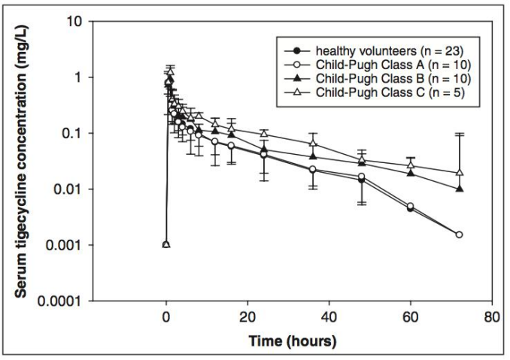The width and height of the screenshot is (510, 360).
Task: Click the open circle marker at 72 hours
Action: [x=459, y=234]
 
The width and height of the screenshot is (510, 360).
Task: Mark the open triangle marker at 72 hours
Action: [x=459, y=172]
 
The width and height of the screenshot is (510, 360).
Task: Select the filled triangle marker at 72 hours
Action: [x=459, y=189]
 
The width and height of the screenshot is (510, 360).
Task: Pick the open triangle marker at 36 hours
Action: [x=313, y=143]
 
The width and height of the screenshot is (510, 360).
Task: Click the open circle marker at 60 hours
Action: [x=410, y=206]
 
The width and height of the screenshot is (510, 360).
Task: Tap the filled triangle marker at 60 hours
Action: [x=410, y=173]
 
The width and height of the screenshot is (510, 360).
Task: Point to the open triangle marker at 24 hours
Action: [x=264, y=133]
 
